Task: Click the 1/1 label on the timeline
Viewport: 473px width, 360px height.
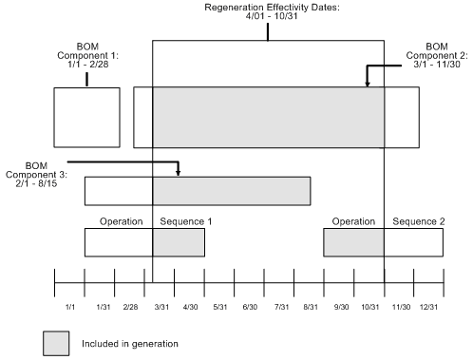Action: point(70,308)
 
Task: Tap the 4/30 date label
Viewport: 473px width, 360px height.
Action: point(190,308)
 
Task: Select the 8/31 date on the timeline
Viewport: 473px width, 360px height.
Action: point(311,308)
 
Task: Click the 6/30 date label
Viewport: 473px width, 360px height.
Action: point(251,308)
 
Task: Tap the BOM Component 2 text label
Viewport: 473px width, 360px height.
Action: point(438,56)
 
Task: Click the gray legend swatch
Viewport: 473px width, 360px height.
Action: point(57,343)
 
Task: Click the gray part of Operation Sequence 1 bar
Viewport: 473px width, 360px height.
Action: point(179,242)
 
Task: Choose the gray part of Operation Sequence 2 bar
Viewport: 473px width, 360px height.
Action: point(353,242)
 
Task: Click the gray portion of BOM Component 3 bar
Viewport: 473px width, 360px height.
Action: point(232,190)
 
